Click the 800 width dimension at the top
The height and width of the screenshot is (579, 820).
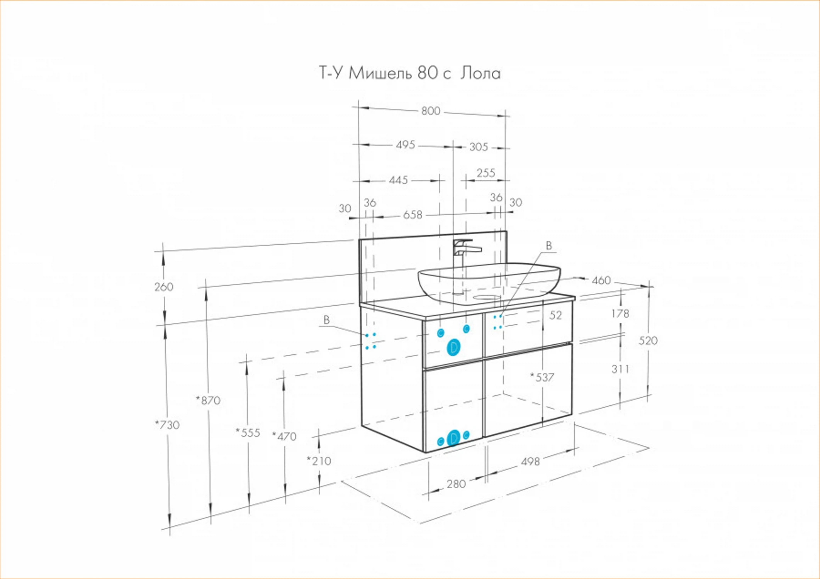(x=431, y=111)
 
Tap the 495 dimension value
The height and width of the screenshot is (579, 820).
(x=405, y=145)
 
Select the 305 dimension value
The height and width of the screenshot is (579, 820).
(x=479, y=147)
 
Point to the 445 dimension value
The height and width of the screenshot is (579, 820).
(x=398, y=180)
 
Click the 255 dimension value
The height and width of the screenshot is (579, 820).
(x=486, y=173)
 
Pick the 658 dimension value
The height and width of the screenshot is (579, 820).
(x=413, y=215)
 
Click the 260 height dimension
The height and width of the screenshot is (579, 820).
(x=164, y=287)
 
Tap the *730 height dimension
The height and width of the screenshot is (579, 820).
(x=167, y=425)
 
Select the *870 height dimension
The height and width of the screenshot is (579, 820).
(x=208, y=401)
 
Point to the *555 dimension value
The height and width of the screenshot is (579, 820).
(x=248, y=433)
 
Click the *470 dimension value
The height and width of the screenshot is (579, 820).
(x=284, y=437)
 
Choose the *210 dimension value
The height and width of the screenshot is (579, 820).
(x=319, y=461)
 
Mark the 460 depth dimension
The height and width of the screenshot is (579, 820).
(x=601, y=280)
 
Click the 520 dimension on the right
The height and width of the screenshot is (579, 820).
(x=648, y=340)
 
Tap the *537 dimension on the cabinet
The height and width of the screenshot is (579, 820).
(x=542, y=377)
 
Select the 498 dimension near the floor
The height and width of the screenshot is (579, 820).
(x=530, y=461)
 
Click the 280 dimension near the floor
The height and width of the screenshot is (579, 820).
(x=456, y=484)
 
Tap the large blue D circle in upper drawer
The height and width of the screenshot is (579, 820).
(x=453, y=347)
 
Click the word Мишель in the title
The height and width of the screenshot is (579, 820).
(x=380, y=73)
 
